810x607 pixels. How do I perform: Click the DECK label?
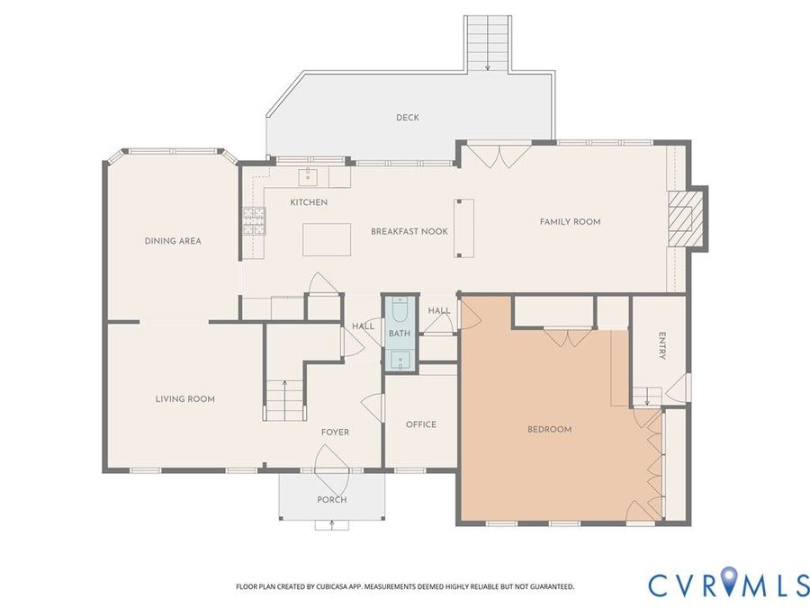point(408,118)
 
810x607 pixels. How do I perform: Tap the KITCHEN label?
point(309,202)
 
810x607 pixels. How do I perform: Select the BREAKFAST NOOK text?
point(409,232)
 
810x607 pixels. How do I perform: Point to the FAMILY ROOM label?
point(571,222)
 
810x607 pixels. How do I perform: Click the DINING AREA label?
point(173,241)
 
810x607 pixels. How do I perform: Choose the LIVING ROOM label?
point(184,399)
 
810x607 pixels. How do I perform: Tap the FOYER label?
point(336,433)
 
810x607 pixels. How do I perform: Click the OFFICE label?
point(421,424)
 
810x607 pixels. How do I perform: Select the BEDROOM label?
point(550,430)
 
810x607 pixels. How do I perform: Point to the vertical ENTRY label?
point(662,346)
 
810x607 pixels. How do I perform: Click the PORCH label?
point(331,500)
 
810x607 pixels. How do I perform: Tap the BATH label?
point(400,334)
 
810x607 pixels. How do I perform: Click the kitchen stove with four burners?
point(254,221)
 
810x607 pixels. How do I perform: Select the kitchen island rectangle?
point(327,239)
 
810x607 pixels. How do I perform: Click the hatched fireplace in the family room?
point(685,218)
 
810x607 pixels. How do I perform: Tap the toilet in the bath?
point(400,309)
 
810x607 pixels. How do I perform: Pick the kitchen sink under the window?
point(309,176)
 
